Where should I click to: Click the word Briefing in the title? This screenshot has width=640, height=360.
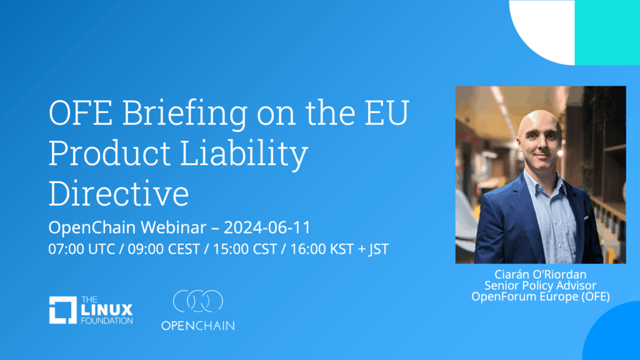pyautogui.click(x=185, y=114)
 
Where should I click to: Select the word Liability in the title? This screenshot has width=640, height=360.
pyautogui.click(x=244, y=154)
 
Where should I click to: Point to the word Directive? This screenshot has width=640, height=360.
pyautogui.click(x=119, y=193)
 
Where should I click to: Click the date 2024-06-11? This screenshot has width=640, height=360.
pyautogui.click(x=267, y=227)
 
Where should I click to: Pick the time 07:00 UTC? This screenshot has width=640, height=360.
pyautogui.click(x=82, y=249)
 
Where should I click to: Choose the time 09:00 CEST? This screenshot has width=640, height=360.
pyautogui.click(x=164, y=249)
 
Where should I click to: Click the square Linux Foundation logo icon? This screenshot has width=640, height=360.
pyautogui.click(x=63, y=310)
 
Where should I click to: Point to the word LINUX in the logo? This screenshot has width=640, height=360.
pyautogui.click(x=106, y=310)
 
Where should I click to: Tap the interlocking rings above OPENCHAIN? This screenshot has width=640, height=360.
pyautogui.click(x=198, y=301)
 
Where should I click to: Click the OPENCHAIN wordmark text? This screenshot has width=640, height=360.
pyautogui.click(x=198, y=326)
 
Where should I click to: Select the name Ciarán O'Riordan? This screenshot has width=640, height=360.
pyautogui.click(x=541, y=274)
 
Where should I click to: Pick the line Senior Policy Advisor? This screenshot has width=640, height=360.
pyautogui.click(x=541, y=285)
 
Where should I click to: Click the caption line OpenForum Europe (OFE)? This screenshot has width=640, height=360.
pyautogui.click(x=541, y=296)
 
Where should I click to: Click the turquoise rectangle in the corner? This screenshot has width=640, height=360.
pyautogui.click(x=607, y=32)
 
